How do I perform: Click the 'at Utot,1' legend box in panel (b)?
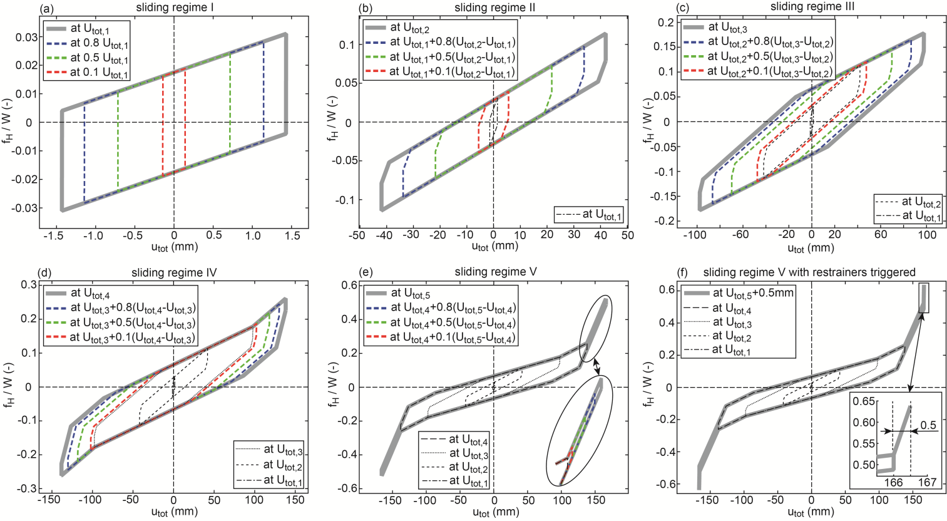(x=589, y=215)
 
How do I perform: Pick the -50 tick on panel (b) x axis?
(x=357, y=235)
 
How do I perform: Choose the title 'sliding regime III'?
(x=811, y=7)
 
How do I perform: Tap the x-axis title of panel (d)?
(x=173, y=512)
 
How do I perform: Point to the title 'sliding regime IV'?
(x=173, y=272)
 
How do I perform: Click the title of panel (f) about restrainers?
(x=809, y=272)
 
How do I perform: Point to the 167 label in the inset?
(x=927, y=482)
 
